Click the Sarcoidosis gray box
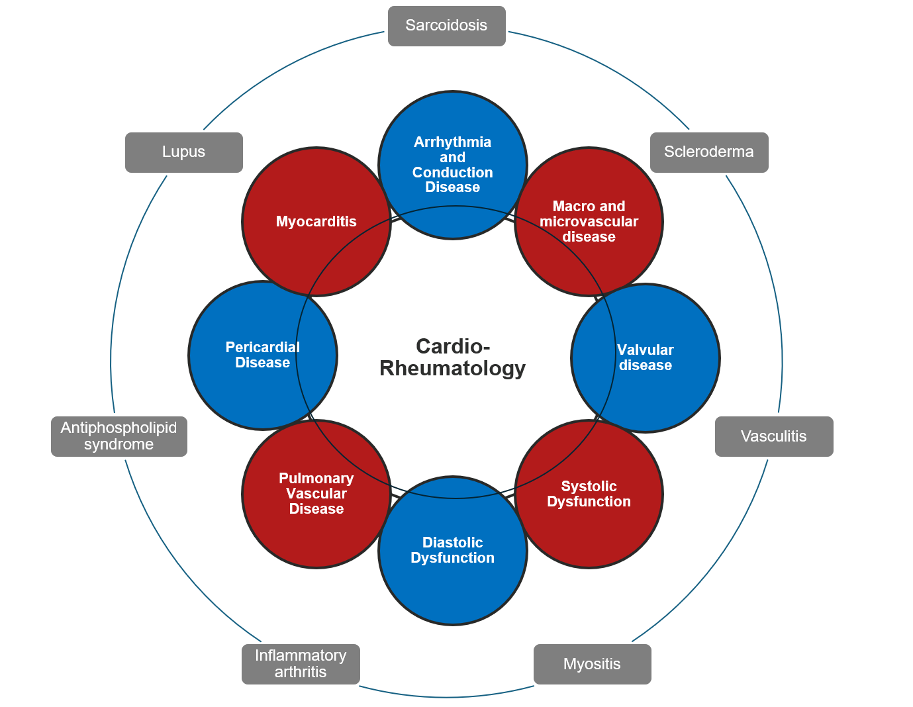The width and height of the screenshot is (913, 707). pos(446,26)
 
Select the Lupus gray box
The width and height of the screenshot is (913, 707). pos(183,152)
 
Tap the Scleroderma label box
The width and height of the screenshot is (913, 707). pos(708,152)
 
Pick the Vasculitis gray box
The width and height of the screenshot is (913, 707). pos(773,436)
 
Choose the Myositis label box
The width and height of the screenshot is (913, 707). pos(592,664)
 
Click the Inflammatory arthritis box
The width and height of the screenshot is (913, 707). pos(301,664)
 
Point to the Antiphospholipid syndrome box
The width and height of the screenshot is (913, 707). pos(119,436)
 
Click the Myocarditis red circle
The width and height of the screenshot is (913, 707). pos(316,222)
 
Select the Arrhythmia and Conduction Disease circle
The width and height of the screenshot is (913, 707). pos(453,165)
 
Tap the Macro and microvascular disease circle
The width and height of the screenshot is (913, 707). pos(589,222)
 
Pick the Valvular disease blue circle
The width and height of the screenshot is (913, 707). pos(646,358)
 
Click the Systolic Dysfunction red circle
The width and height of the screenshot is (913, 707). pos(589,494)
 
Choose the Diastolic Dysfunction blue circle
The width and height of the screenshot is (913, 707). pos(453,550)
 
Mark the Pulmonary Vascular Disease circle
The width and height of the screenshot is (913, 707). pos(316,494)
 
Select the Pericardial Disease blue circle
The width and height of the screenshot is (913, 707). pos(263,355)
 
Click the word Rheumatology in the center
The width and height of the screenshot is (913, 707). pos(452,369)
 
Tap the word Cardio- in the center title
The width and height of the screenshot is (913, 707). pos(453,346)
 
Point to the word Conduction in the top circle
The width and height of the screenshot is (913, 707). pos(453,173)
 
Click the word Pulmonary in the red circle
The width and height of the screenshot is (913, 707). pos(316,479)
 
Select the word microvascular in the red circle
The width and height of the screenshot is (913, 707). pos(589,222)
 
